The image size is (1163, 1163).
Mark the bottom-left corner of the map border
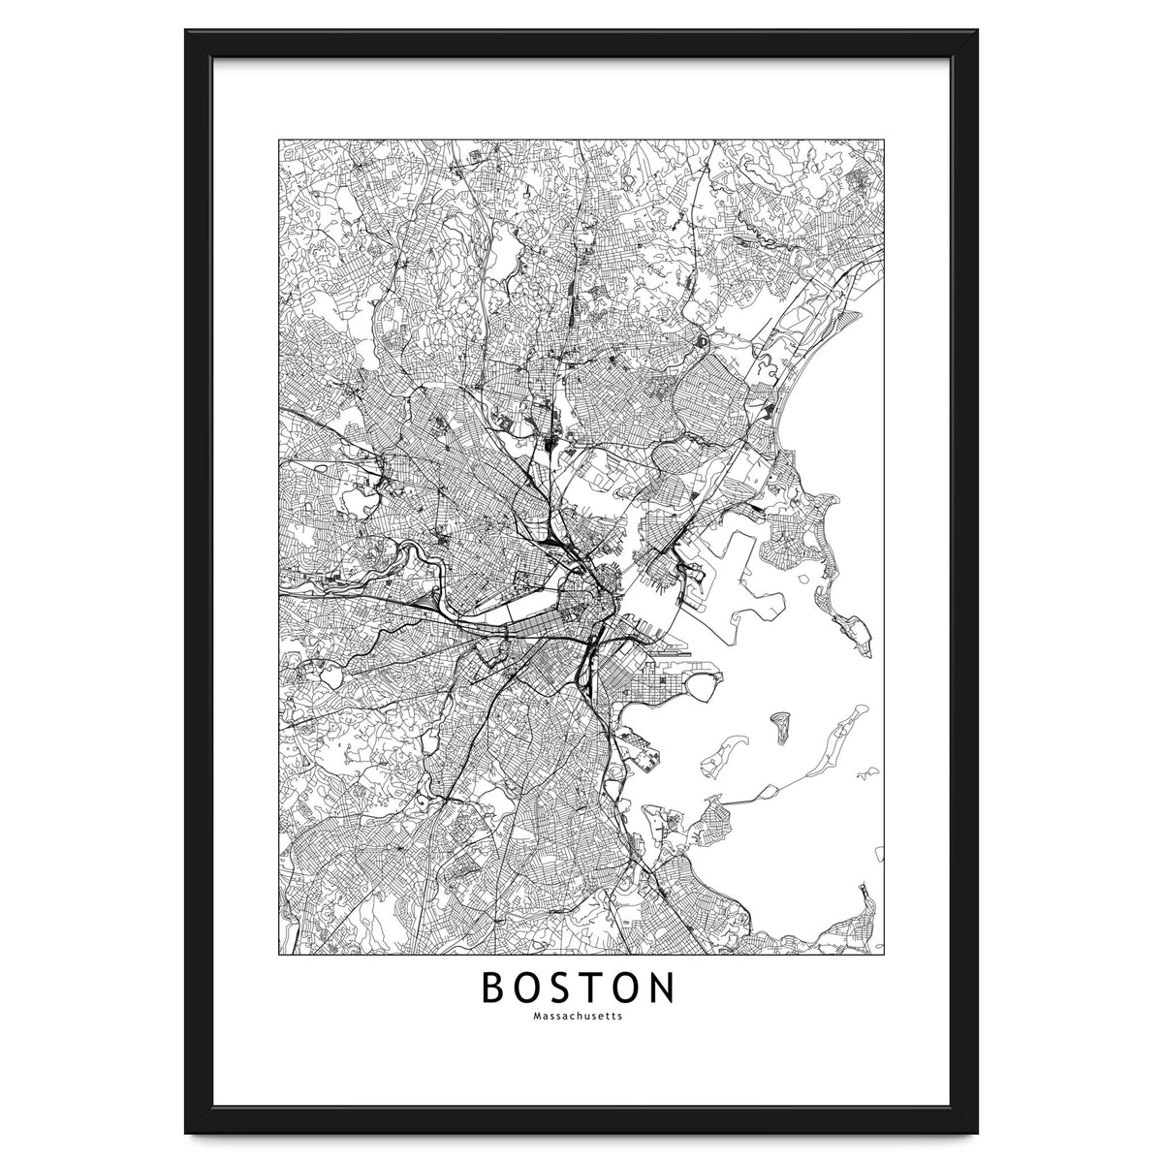[x=278, y=954]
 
